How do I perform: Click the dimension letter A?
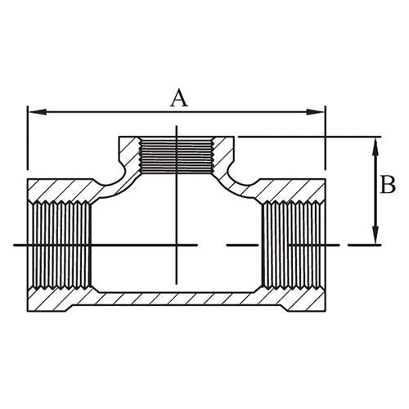coord(178,98)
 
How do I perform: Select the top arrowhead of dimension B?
coord(375,143)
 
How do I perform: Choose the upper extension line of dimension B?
coord(311,137)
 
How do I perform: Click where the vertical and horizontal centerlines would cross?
coord(177,245)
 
